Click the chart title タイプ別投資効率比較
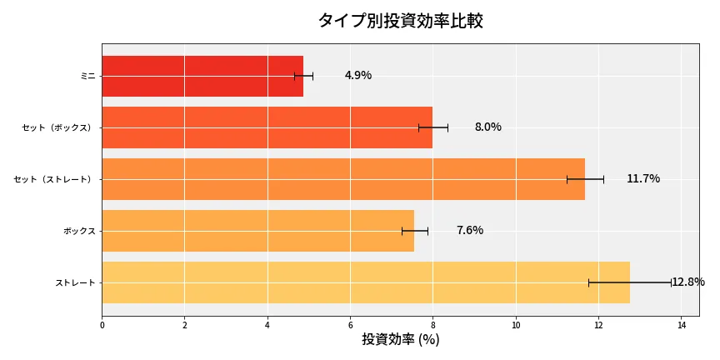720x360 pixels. point(400,21)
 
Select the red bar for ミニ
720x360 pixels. point(202,76)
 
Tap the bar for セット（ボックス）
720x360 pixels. point(267,127)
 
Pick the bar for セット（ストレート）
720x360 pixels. point(342,179)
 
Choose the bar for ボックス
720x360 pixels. point(257,231)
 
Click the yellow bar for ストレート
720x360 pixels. point(365,282)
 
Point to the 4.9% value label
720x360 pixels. point(358,76)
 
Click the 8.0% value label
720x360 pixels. point(487,127)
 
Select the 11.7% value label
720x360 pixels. point(642,179)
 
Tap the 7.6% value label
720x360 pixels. point(469,231)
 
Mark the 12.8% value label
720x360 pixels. point(688,282)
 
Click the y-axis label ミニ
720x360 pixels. point(87,76)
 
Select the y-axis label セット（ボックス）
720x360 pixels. point(58,127)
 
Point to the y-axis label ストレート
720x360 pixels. point(75,282)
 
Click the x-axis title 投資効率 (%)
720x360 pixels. point(400,340)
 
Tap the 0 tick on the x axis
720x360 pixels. point(102,325)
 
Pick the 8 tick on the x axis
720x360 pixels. point(433,325)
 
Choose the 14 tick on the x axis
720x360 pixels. point(682,325)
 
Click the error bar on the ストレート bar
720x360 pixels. point(630,282)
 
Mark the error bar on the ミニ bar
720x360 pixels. point(303,76)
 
